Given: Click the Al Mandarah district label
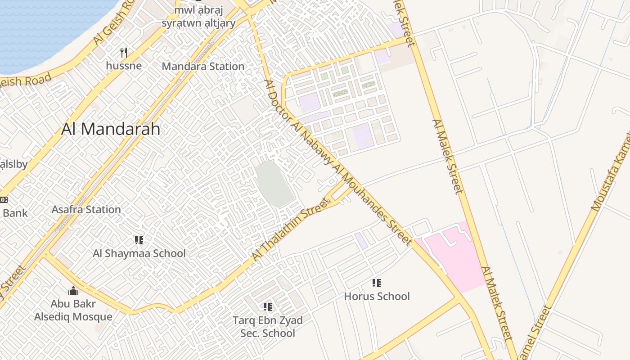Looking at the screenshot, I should coord(111,129).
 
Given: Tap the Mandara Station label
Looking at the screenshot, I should coord(203,67).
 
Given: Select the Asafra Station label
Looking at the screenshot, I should coord(86,210).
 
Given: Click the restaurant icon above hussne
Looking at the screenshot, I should coord(124,53).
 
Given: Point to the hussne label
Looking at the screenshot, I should coord(124,66).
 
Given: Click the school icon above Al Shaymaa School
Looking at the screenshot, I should coord(139,240).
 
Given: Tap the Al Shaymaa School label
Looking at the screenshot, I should coord(139,253).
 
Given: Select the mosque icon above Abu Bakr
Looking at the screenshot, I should coord(73,291).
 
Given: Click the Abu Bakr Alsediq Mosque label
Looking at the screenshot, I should coord(73,310).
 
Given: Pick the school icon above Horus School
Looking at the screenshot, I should coord(377,283).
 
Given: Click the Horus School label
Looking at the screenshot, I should coord(377,296).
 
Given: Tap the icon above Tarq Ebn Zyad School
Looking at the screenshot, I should coord(268,307).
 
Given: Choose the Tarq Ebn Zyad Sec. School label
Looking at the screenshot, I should coord(268,327).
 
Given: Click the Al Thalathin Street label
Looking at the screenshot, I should coord(290,229).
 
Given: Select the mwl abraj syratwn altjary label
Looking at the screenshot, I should coord(198,17).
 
